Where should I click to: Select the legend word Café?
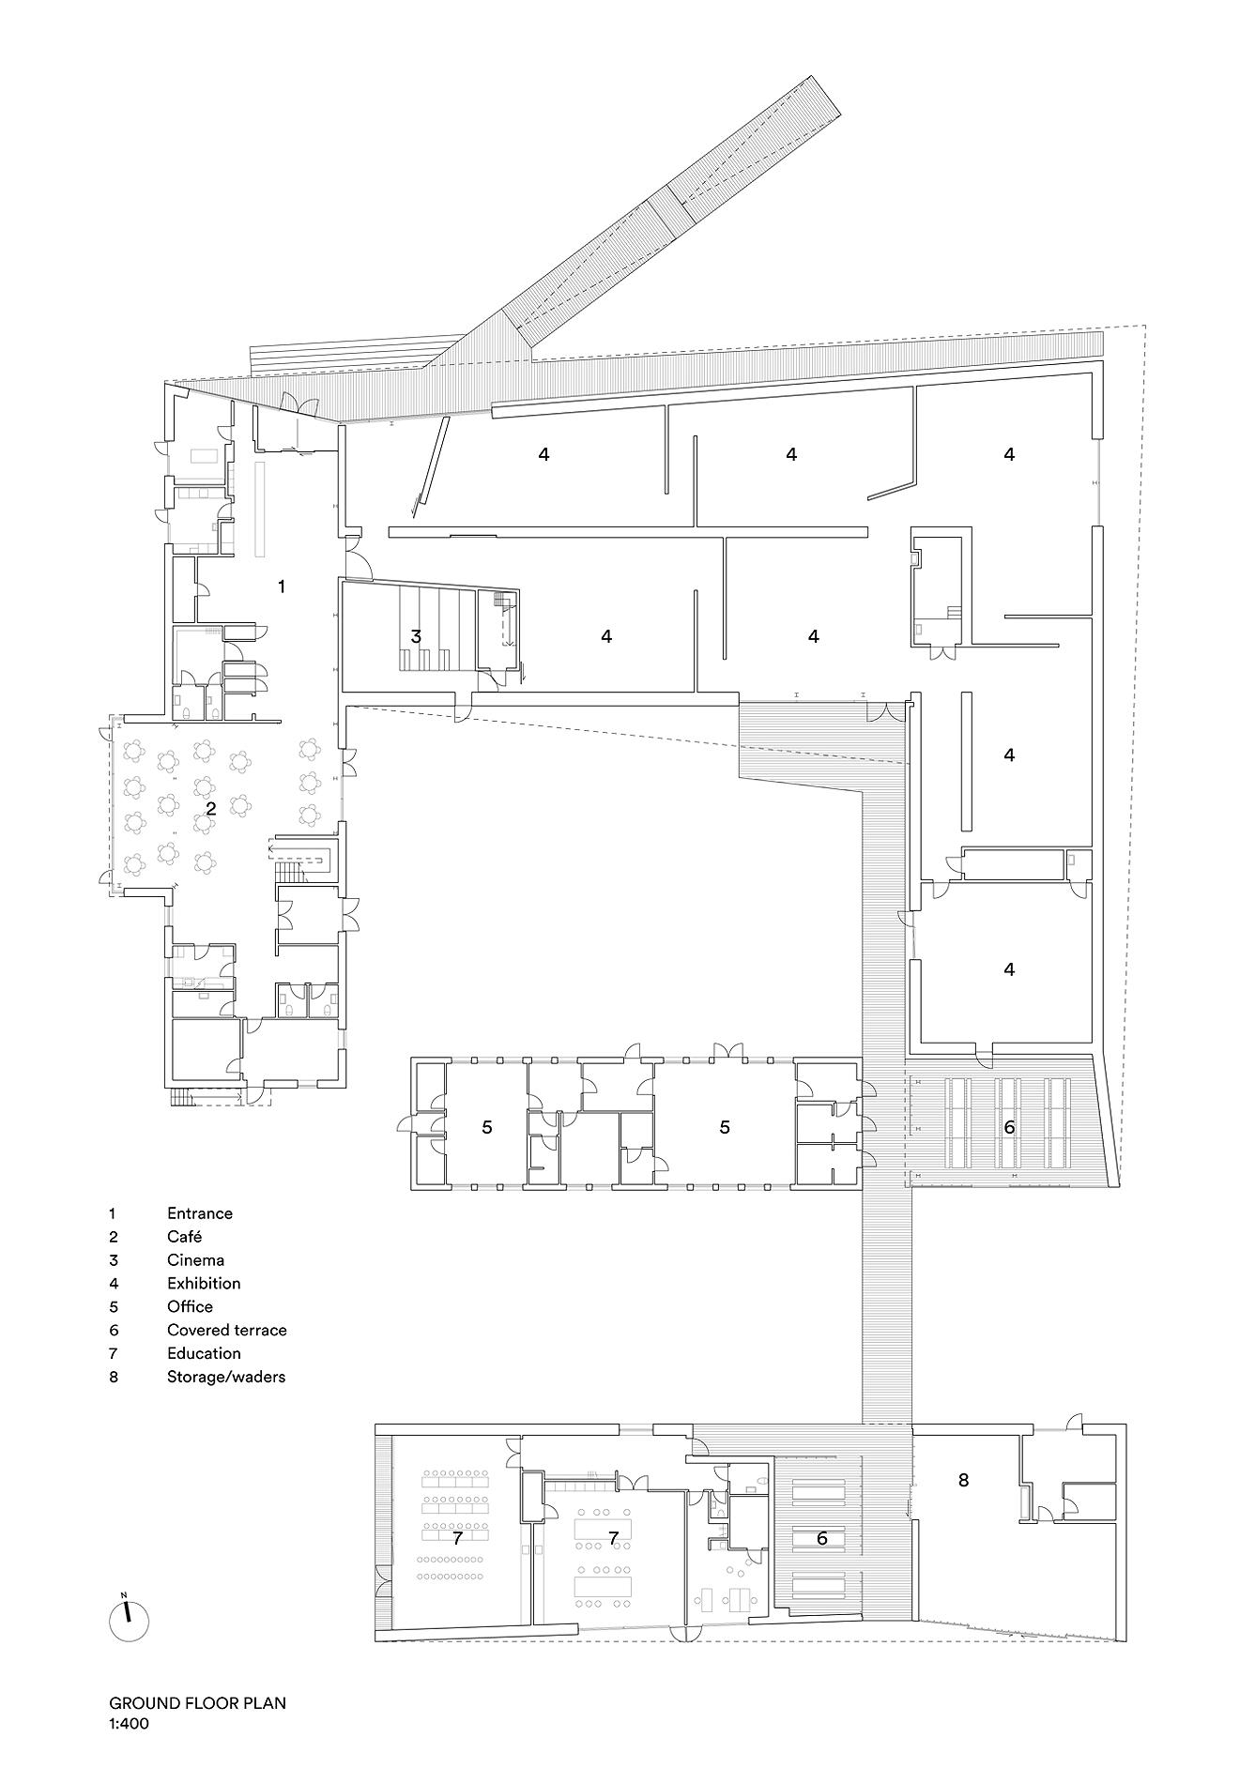185,1237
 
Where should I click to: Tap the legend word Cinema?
195,1260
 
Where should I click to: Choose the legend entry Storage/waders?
226,1377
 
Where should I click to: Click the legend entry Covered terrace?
226,1330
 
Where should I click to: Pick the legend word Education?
204,1353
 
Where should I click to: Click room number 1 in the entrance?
281,587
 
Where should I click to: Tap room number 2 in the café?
211,807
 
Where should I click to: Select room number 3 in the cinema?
416,636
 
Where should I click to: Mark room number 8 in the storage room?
963,1480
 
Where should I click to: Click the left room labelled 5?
486,1127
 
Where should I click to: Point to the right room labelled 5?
724,1127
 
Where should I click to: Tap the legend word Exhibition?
204,1283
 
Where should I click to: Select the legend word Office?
190,1306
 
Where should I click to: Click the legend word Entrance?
199,1213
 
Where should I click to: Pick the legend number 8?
114,1377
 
